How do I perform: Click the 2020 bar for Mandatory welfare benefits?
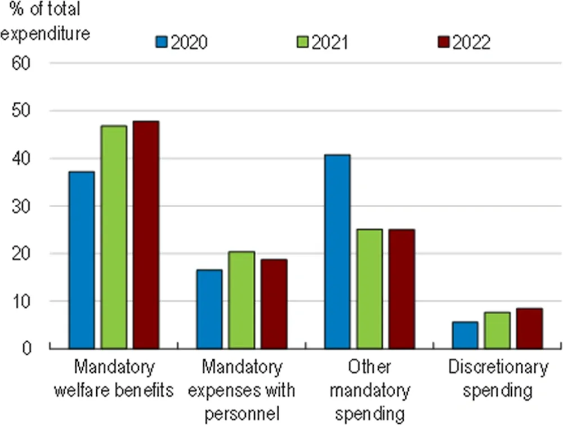(x=82, y=260)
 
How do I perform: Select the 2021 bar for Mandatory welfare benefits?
(x=114, y=237)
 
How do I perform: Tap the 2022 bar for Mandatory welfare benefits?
(x=146, y=235)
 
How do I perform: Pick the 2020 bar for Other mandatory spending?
(x=337, y=252)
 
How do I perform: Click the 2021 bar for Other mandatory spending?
(x=369, y=289)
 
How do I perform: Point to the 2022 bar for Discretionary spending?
(x=530, y=329)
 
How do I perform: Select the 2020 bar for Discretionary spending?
(x=465, y=335)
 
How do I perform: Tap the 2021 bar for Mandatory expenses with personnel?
(x=242, y=300)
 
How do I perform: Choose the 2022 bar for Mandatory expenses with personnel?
(x=274, y=304)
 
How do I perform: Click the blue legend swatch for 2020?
(x=163, y=43)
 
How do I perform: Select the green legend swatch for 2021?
(x=303, y=43)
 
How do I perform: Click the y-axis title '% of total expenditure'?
(x=45, y=21)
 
